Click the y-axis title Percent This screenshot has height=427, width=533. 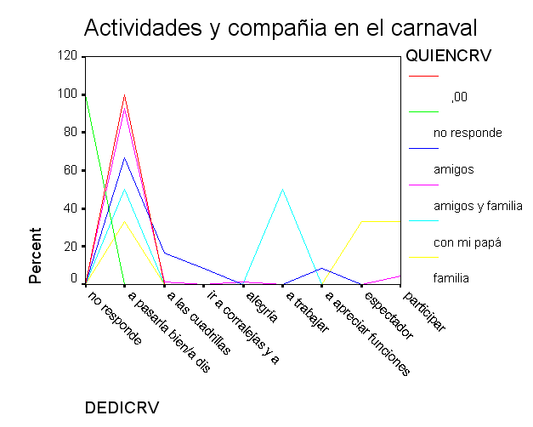tap(36, 255)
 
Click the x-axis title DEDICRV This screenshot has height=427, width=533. tap(122, 407)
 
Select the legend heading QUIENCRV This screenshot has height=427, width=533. tap(449, 57)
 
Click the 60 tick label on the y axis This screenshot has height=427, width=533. tap(71, 170)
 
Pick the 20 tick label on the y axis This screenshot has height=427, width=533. tap(71, 246)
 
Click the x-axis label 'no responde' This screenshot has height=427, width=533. tap(115, 317)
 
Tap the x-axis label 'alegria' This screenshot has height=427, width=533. tap(261, 307)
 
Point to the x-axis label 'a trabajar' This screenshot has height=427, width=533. tap(306, 312)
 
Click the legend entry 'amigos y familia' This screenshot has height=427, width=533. tap(477, 206)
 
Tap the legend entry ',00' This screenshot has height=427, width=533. tap(459, 97)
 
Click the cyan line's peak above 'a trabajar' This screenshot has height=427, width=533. tap(283, 190)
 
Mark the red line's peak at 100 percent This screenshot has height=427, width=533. tap(125, 94)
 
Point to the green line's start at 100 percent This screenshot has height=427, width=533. tap(86, 95)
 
